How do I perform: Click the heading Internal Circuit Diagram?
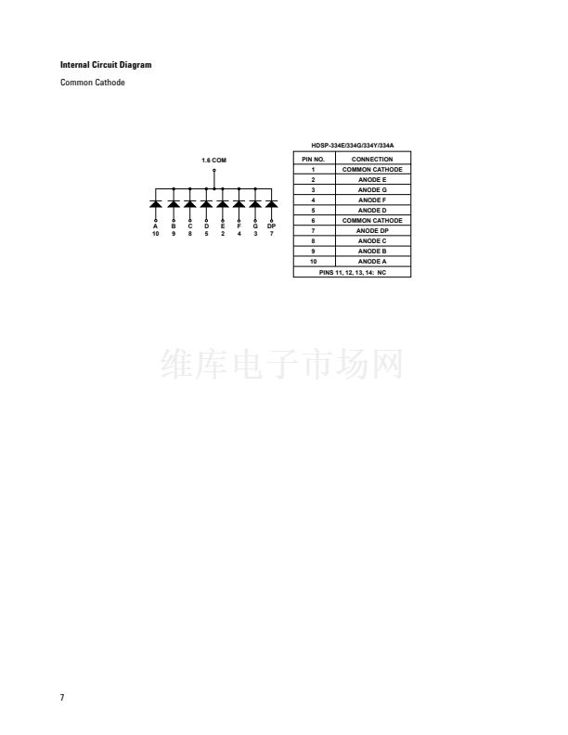pos(106,65)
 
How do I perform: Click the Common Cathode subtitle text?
pos(92,83)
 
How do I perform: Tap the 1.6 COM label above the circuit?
pos(213,161)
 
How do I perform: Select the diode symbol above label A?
pos(156,204)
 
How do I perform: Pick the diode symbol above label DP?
pos(271,204)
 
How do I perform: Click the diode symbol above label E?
pos(223,204)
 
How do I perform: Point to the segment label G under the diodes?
pos(255,226)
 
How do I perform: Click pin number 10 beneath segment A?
pos(156,234)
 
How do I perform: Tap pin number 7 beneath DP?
pos(271,234)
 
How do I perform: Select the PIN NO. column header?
pos(313,160)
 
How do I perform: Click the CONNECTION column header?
pos(372,160)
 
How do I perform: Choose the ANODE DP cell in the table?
pos(372,231)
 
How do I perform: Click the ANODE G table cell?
pos(372,190)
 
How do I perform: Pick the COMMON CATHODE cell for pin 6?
pos(372,220)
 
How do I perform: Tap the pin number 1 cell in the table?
pos(313,170)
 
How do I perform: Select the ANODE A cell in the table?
pos(372,262)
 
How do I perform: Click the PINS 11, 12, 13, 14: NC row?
pos(353,272)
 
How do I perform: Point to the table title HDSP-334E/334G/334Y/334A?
pos(353,146)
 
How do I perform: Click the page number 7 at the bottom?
pos(62,698)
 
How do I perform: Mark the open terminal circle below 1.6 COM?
pos(214,170)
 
